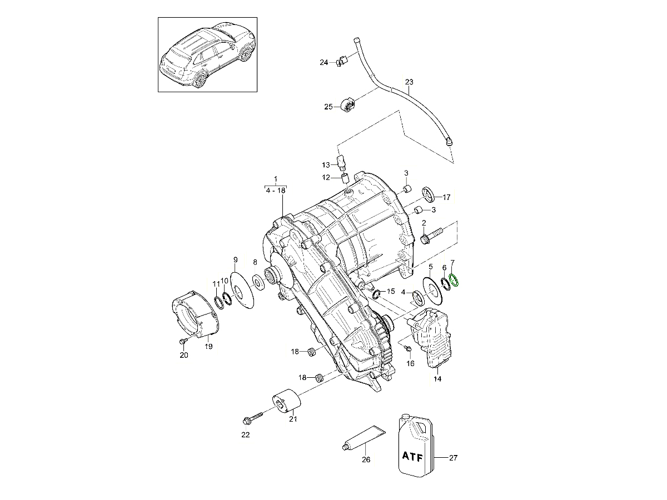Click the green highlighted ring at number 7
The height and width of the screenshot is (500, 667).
454,282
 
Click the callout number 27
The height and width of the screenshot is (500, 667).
453,458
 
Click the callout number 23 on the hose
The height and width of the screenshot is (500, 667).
409,82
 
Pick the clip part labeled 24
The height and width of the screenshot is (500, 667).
342,60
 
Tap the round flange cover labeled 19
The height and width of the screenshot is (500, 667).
194,317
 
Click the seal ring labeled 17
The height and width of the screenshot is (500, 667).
429,194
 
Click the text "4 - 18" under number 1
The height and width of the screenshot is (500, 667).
276,189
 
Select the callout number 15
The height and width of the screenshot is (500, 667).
390,291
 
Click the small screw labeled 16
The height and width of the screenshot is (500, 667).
407,348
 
